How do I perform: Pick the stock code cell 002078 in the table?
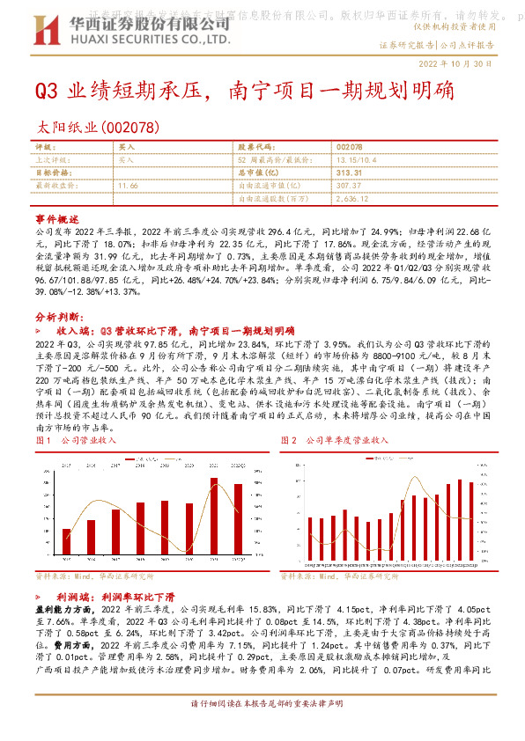pyautogui.click(x=349, y=148)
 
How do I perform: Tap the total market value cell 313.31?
pyautogui.click(x=349, y=173)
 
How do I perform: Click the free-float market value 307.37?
pyautogui.click(x=349, y=187)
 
